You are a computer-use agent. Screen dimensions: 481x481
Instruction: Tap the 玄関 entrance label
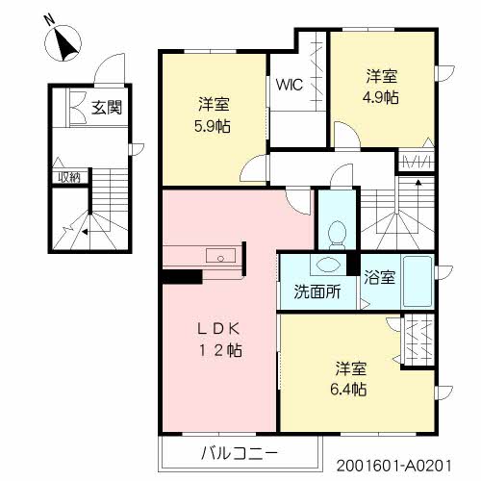107,108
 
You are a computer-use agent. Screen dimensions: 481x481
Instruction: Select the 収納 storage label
67,176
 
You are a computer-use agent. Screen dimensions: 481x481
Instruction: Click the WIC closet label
290,84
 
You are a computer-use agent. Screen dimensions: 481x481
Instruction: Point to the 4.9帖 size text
382,96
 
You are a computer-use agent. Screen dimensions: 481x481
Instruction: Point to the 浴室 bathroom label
379,279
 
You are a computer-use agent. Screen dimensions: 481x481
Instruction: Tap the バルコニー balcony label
240,452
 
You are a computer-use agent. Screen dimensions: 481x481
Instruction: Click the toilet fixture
337,232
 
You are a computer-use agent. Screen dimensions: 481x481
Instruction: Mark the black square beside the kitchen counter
181,276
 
